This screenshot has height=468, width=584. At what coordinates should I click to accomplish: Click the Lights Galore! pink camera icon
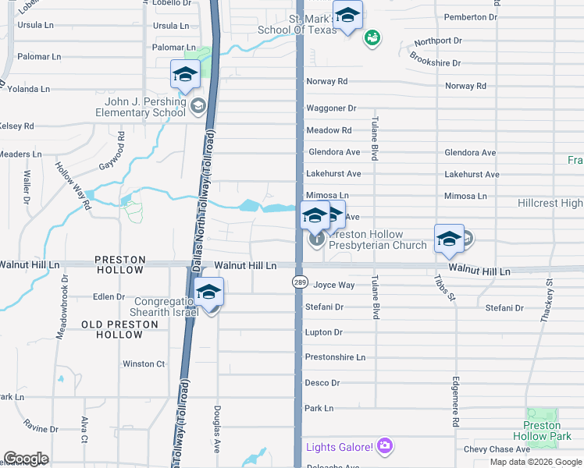pyautogui.click(x=384, y=446)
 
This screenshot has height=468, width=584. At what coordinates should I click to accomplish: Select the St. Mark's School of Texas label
pyautogui.click(x=297, y=24)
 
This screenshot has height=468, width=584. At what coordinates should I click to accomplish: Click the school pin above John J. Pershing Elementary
pyautogui.click(x=185, y=75)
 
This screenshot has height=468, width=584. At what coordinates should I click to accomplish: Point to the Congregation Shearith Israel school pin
pyautogui.click(x=208, y=292)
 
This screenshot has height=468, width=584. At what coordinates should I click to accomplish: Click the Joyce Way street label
pyautogui.click(x=334, y=285)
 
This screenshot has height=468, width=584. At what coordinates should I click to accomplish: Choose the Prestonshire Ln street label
pyautogui.click(x=335, y=357)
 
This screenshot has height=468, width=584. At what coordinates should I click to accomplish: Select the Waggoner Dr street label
pyautogui.click(x=331, y=108)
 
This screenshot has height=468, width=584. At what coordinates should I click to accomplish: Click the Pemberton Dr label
pyautogui.click(x=470, y=16)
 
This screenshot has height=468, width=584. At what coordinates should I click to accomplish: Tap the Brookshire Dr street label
pyautogui.click(x=435, y=62)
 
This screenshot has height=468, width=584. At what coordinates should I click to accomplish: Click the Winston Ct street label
pyautogui.click(x=144, y=363)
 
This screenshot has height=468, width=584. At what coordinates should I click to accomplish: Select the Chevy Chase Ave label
pyautogui.click(x=497, y=449)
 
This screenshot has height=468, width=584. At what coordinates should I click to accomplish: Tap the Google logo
pyautogui.click(x=26, y=459)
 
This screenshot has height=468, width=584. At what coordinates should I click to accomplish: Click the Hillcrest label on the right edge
pyautogui.click(x=550, y=203)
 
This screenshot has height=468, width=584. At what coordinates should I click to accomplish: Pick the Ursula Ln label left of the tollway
pyautogui.click(x=171, y=26)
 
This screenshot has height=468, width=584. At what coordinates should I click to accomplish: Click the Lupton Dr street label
pyautogui.click(x=323, y=332)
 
